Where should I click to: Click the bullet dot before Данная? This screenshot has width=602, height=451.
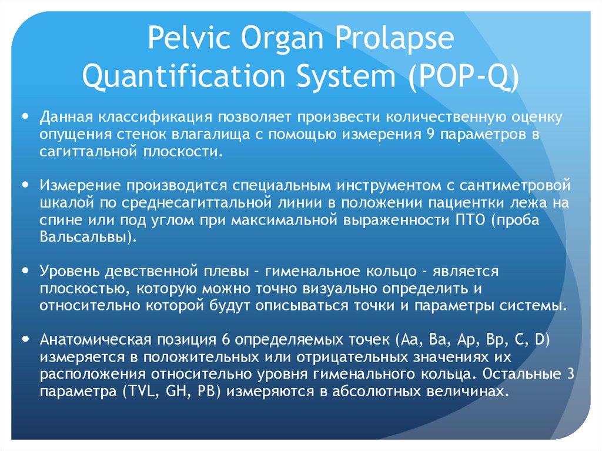25,116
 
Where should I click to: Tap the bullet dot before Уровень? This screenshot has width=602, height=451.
25,272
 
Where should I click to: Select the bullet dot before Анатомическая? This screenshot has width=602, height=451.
25,339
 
